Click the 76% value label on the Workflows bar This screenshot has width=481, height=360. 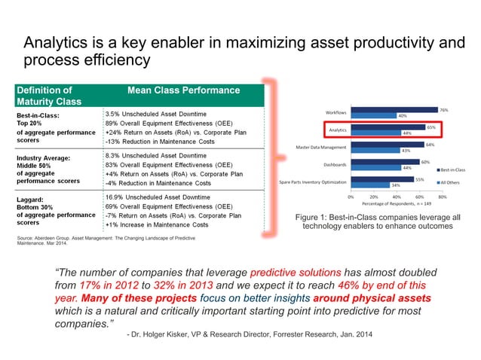(x=444, y=110)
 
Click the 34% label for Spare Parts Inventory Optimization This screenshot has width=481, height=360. (x=395, y=185)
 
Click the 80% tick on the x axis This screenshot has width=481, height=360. (x=443, y=197)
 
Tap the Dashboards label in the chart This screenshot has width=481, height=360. (x=334, y=163)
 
